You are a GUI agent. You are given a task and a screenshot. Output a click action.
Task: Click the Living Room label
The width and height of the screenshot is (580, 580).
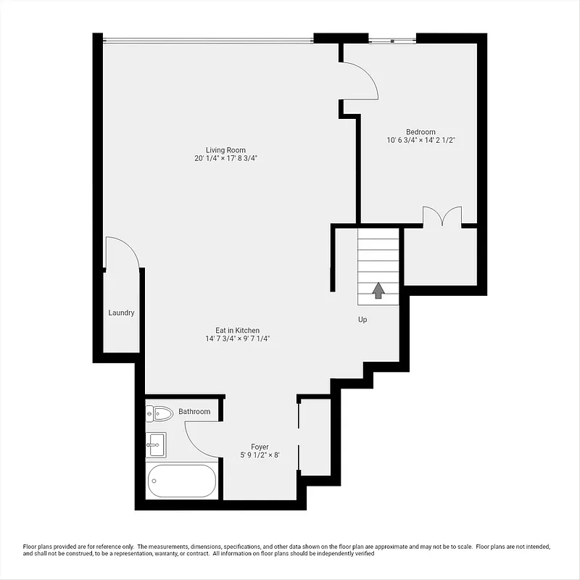click(x=225, y=150)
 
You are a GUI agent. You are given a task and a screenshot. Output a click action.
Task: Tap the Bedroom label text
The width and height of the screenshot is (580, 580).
click(x=420, y=132)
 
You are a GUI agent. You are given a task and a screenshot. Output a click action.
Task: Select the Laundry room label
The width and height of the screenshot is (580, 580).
click(x=121, y=313)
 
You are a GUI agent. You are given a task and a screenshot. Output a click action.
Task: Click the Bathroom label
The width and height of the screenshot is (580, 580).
click(x=194, y=412)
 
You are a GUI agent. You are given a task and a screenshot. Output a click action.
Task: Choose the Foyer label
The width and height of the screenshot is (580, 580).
click(x=260, y=447)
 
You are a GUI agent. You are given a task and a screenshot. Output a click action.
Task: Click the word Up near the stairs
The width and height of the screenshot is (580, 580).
click(x=362, y=319)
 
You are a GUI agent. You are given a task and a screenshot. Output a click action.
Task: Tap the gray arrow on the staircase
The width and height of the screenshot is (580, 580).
click(x=378, y=290)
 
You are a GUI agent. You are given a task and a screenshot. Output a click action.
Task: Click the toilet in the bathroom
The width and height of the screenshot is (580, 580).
click(x=160, y=414)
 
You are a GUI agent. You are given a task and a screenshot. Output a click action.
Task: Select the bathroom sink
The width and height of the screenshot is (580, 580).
click(x=156, y=443)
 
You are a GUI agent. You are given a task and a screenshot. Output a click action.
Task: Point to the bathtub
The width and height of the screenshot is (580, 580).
click(x=181, y=480)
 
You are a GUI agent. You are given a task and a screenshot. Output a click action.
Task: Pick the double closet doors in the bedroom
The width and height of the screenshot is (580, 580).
click(x=442, y=217)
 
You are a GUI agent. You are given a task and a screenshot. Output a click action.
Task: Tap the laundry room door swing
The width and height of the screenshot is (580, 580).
click(x=122, y=253)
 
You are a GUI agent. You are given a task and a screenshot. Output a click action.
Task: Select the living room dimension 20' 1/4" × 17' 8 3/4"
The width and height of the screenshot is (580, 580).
click(x=225, y=158)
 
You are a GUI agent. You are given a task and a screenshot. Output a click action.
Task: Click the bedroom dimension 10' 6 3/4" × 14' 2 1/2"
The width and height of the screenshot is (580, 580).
click(x=420, y=140)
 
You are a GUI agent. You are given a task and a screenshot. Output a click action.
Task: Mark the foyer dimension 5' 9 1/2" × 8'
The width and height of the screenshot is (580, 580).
click(x=260, y=455)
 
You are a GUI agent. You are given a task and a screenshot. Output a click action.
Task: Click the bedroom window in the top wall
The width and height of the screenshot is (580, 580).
click(x=391, y=40)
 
